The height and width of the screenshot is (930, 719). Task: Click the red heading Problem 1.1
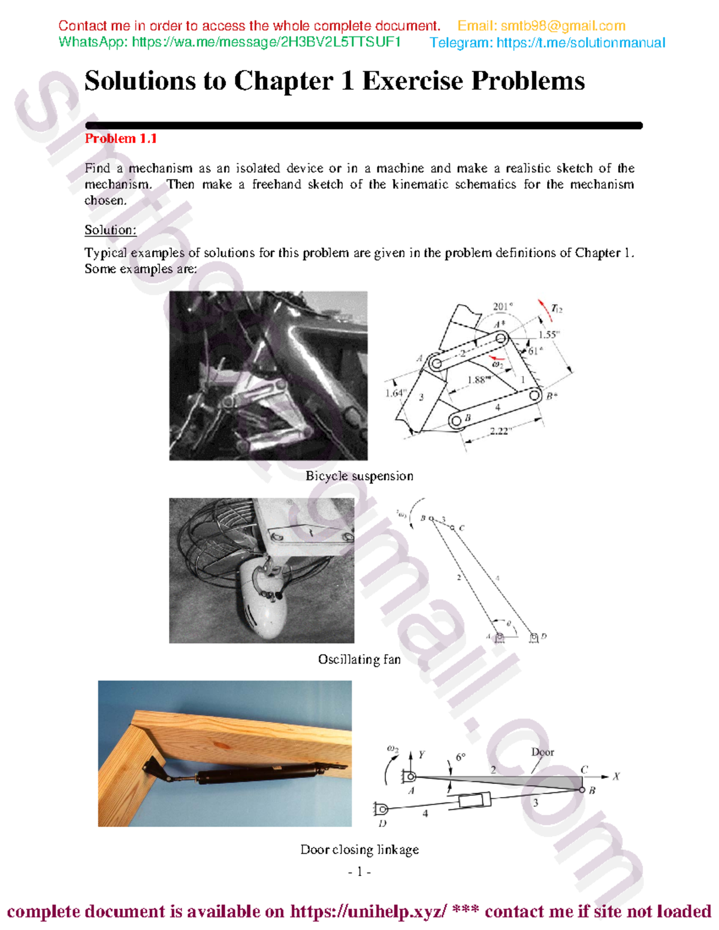click(120, 139)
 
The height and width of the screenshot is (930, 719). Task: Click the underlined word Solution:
click(110, 230)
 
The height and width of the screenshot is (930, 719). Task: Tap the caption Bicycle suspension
click(359, 476)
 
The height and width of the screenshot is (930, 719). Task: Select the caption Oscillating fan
click(359, 659)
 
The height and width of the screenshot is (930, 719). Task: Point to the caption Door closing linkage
click(359, 850)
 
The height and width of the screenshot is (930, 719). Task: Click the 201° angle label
click(502, 307)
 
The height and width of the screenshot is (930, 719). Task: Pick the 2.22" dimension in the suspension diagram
click(499, 431)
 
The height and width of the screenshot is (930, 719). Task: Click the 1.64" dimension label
click(395, 393)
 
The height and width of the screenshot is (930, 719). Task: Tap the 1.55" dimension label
click(548, 335)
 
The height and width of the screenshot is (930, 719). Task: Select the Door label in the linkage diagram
click(542, 752)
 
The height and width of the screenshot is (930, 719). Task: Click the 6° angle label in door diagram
click(460, 758)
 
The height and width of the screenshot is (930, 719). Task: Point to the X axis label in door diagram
click(616, 777)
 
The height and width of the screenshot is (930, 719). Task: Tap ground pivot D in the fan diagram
click(534, 638)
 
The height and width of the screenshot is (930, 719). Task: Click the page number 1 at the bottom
click(359, 872)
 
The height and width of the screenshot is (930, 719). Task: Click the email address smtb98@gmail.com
click(563, 26)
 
